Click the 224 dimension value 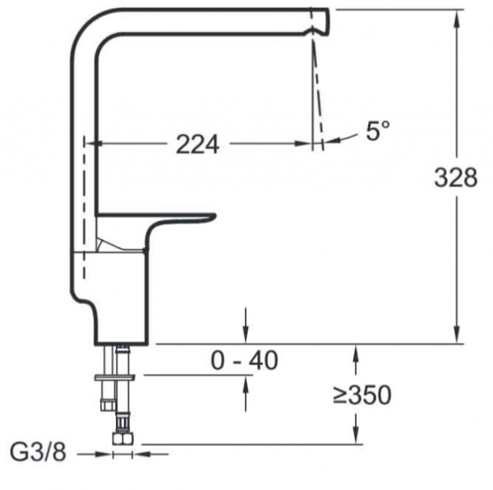197,145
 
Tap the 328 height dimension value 455,177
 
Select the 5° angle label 378,130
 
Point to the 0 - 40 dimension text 244,360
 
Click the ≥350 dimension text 362,395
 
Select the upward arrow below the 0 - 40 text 246,386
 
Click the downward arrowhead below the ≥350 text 355,436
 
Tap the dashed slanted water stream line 318,90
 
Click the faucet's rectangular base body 115,296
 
